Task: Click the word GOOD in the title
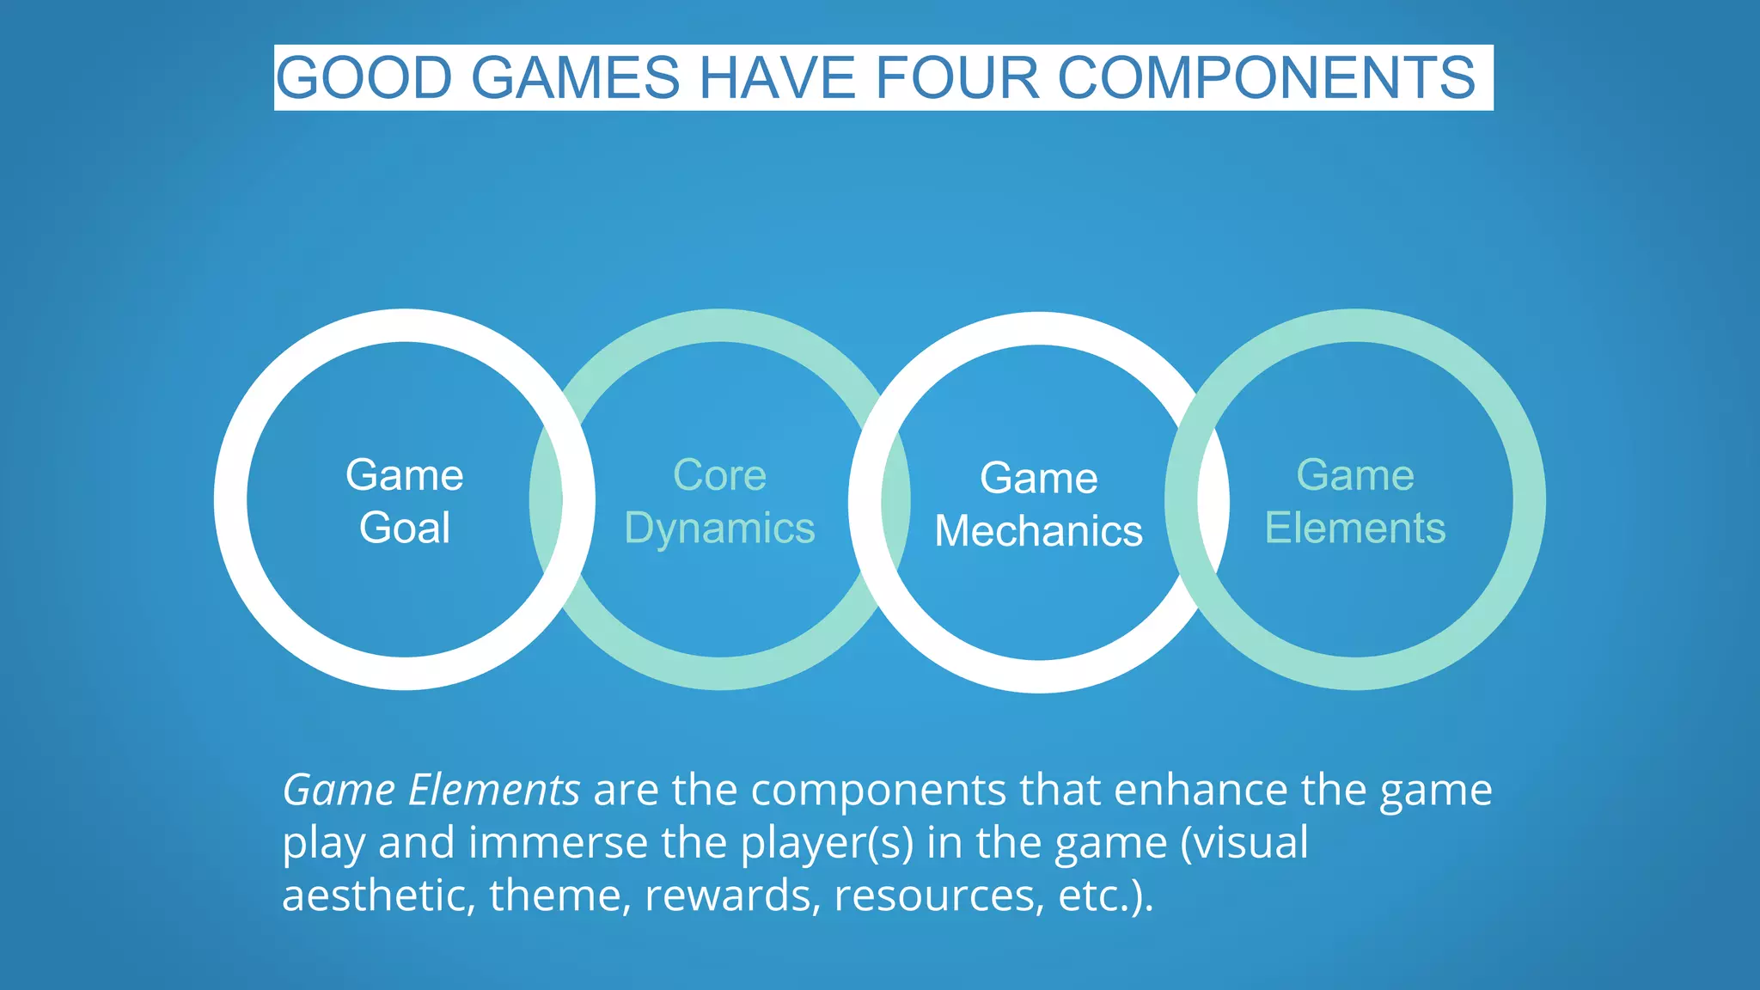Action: pyautogui.click(x=364, y=78)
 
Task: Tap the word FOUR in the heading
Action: pyautogui.click(x=956, y=78)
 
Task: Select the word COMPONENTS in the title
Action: pyautogui.click(x=1267, y=78)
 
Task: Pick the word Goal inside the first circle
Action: pyautogui.click(x=405, y=528)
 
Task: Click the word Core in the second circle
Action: pyautogui.click(x=719, y=475)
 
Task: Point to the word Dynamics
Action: pyautogui.click(x=719, y=529)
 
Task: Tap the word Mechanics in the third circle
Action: pyautogui.click(x=1038, y=531)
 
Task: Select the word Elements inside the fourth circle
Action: pyautogui.click(x=1355, y=528)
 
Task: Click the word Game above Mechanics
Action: pyautogui.click(x=1038, y=478)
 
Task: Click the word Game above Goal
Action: pyautogui.click(x=405, y=475)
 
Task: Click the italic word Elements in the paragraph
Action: pyautogui.click(x=494, y=790)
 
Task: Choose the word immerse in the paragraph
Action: pyautogui.click(x=558, y=843)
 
